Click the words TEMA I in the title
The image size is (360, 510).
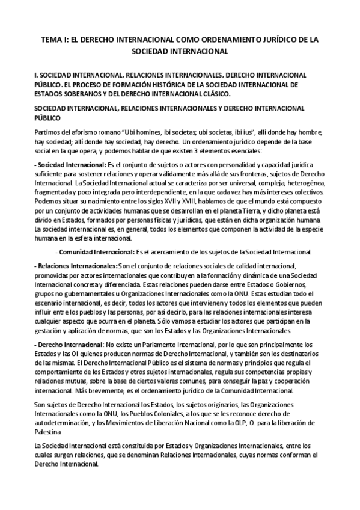point(53,40)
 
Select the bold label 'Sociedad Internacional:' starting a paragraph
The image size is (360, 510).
point(70,164)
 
